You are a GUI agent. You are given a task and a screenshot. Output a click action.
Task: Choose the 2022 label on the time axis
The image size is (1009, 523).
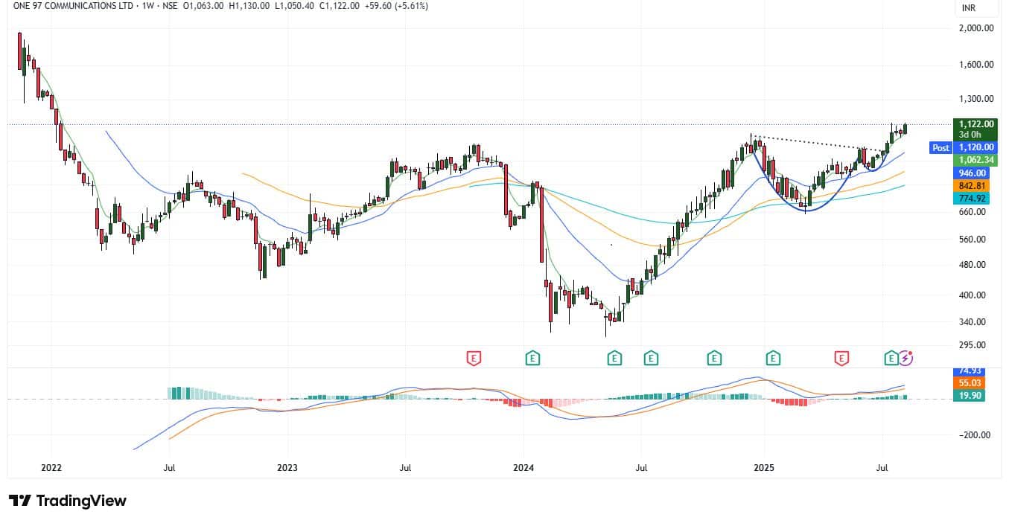click(51, 468)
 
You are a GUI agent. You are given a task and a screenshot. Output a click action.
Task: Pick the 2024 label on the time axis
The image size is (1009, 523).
click(523, 468)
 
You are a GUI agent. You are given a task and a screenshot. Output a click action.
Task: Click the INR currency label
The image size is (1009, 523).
click(969, 8)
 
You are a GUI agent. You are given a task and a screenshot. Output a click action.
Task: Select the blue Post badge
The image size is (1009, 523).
click(940, 148)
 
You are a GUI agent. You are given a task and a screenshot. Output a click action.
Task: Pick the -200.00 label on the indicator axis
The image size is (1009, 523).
click(975, 435)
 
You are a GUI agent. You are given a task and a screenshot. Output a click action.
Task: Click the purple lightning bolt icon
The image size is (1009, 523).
click(905, 359)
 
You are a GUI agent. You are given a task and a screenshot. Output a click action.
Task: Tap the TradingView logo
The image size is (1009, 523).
click(68, 501)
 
